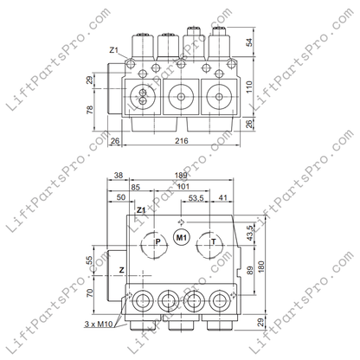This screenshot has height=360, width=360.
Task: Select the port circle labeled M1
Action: pos(182,237)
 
